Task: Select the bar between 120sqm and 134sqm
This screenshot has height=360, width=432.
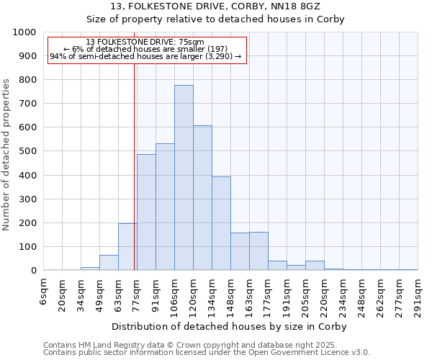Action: point(202,198)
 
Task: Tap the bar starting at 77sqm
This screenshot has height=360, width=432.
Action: point(146,212)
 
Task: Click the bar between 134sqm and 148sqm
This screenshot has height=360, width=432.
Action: point(221,223)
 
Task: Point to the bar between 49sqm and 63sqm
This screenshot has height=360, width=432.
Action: point(109,263)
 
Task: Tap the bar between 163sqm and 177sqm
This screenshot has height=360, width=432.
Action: point(258,251)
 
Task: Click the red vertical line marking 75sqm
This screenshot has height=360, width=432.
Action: point(134,180)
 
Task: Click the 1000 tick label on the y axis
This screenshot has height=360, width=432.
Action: point(24,32)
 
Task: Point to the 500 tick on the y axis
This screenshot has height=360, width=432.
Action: point(28,151)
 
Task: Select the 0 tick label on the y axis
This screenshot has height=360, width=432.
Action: point(34,271)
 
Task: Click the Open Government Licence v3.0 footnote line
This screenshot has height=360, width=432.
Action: point(207,353)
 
